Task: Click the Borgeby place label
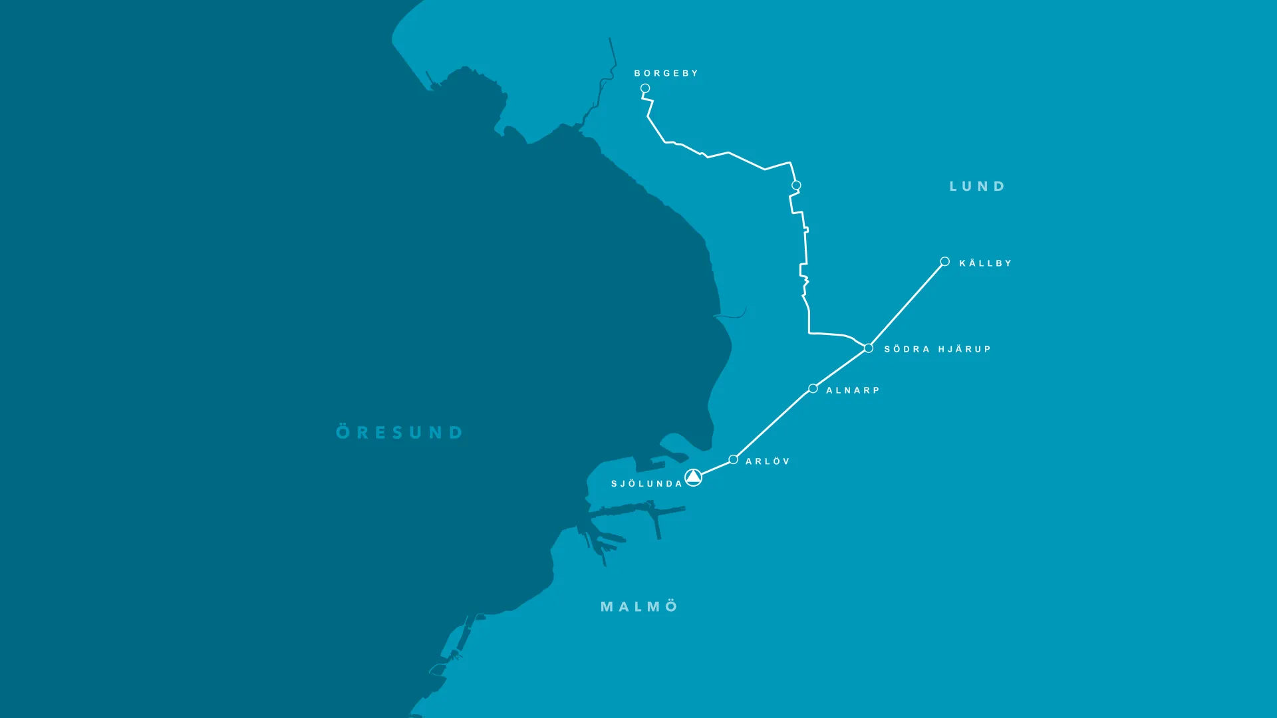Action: click(666, 73)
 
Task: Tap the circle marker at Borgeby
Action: click(645, 88)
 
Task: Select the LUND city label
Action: click(977, 186)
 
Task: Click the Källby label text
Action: click(985, 263)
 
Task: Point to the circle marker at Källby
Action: click(944, 261)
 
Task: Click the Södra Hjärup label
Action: click(937, 349)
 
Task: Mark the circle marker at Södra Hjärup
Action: click(869, 348)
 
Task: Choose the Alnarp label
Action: click(853, 390)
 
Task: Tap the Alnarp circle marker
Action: click(813, 388)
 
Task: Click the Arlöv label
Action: click(768, 461)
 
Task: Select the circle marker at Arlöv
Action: click(733, 459)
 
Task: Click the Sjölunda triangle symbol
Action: click(693, 477)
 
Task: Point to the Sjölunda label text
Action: click(646, 484)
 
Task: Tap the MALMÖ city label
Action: click(639, 606)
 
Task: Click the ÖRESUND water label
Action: click(399, 432)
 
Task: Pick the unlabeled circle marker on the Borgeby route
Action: click(796, 185)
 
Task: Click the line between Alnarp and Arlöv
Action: click(773, 424)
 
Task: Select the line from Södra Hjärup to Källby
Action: click(907, 304)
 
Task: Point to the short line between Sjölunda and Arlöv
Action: click(716, 467)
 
